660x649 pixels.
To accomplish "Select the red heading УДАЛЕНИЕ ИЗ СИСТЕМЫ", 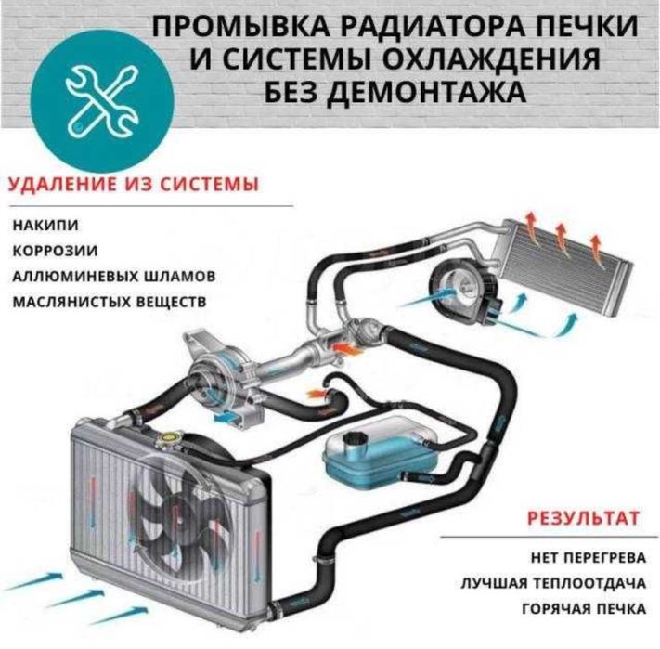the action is click(x=134, y=185).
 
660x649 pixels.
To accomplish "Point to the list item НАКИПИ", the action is click(x=45, y=226).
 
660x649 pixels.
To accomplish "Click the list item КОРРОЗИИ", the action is click(x=55, y=251).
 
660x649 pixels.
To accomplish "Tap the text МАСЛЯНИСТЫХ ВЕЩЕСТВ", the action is click(x=110, y=302).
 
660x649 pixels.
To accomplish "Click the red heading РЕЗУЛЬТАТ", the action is click(x=583, y=518).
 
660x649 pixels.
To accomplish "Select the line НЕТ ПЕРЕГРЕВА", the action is click(x=588, y=558).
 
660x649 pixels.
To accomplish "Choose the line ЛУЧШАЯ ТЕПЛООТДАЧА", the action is click(x=553, y=584).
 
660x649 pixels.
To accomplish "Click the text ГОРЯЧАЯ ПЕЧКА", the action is click(x=584, y=609).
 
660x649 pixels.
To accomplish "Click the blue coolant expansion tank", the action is click(x=380, y=456).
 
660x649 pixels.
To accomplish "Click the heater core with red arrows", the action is click(x=564, y=260).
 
